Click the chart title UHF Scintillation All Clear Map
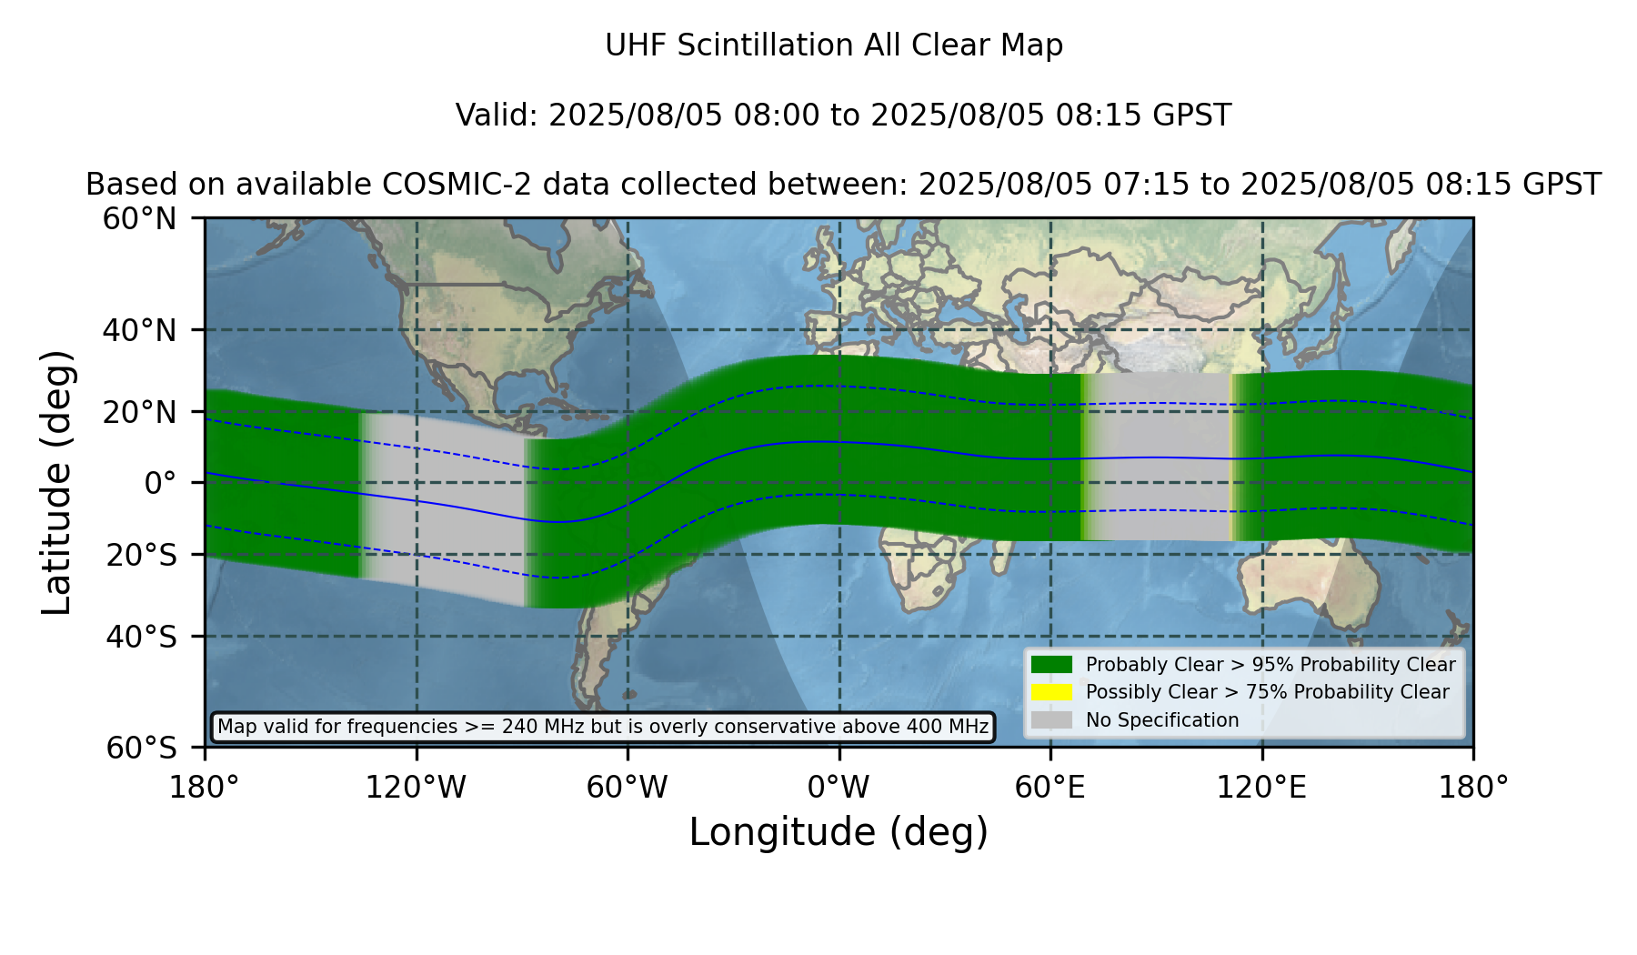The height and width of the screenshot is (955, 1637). [834, 45]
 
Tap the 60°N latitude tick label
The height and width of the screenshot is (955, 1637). [140, 219]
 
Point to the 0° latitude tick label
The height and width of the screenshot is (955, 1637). [160, 483]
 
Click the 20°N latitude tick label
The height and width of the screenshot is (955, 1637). [140, 412]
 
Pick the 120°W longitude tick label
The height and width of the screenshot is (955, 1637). [416, 788]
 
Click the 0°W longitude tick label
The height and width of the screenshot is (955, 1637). [839, 788]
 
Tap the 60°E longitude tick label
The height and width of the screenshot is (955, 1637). [1050, 788]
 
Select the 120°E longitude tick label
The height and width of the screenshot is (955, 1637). [1261, 788]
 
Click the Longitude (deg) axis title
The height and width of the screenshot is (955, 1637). [839, 832]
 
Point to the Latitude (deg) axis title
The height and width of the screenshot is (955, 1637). [56, 482]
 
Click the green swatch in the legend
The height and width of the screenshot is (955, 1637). [1052, 665]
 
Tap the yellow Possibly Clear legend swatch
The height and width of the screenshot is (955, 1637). [1052, 692]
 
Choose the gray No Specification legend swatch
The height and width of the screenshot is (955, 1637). [1052, 720]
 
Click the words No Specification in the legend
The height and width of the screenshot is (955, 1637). [1162, 720]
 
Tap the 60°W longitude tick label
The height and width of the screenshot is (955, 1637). [628, 788]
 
